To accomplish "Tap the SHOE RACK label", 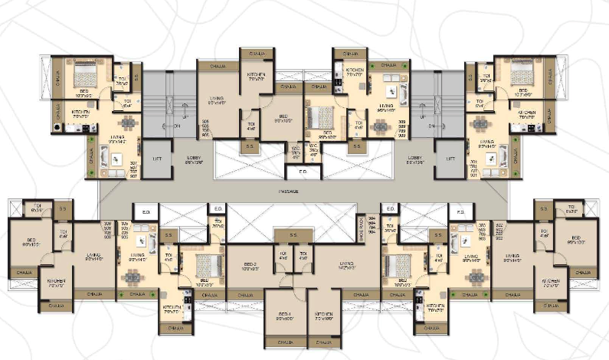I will coord(362,226).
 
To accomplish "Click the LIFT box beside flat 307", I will coord(157,159).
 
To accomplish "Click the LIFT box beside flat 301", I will coord(450,159).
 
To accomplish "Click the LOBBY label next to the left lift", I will coord(193,159).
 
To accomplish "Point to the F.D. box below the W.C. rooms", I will coord(303,172).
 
